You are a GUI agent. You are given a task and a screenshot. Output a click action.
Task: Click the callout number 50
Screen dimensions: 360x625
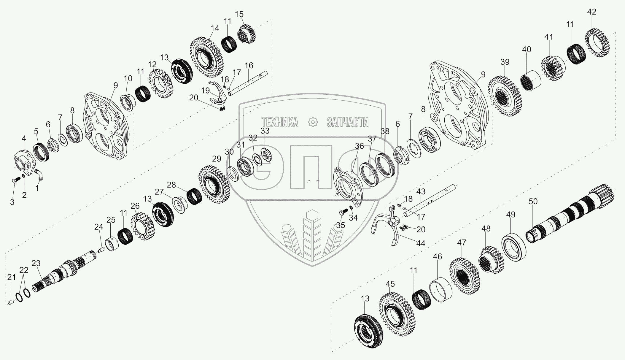tap(533, 202)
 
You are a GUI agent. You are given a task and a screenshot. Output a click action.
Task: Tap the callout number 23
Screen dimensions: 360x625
tap(36, 263)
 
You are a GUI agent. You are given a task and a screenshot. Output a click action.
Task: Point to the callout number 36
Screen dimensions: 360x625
tap(359, 146)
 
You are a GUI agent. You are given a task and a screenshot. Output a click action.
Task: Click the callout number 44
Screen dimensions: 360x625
tap(420, 243)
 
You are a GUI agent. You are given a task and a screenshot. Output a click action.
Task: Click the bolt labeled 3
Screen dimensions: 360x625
tap(15, 180)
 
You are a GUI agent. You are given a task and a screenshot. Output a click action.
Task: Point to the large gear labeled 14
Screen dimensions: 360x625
tap(206, 57)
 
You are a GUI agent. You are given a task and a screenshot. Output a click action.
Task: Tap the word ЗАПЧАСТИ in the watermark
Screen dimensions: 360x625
tap(347, 122)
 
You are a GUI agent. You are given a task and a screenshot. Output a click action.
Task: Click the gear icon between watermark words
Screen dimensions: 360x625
tap(313, 122)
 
